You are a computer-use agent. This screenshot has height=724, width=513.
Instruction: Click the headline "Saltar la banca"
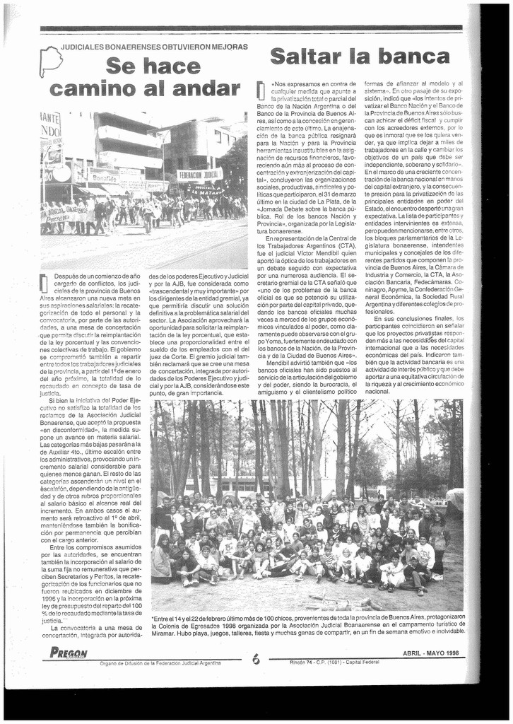360,57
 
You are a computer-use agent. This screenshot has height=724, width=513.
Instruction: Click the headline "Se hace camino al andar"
143,77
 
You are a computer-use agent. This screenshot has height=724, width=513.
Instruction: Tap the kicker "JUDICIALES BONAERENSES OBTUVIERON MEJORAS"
154,47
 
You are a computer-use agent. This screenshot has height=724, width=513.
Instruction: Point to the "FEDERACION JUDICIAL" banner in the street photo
199,175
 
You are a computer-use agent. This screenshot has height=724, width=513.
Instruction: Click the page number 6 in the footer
255,659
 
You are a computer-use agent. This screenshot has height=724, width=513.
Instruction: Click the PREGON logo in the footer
69,653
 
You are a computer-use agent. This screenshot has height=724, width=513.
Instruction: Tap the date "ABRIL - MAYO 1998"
431,653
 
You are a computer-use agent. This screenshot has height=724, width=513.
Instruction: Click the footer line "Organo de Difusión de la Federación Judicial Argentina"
160,662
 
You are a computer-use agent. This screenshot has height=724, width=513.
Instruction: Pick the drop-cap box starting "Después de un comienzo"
44,282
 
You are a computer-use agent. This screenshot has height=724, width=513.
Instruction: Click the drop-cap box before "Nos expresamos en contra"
260,90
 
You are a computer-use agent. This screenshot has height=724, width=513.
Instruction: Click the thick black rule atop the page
251,28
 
